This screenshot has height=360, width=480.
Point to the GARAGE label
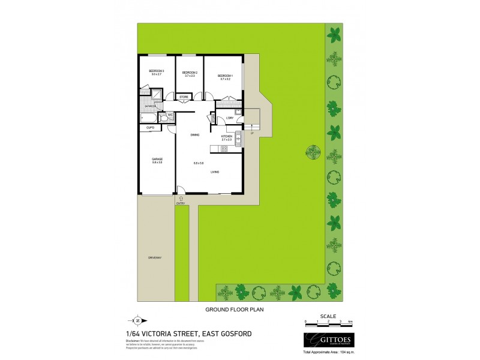coord(157,159)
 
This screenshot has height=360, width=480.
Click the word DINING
coord(195,135)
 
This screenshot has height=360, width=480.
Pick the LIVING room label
coord(214,172)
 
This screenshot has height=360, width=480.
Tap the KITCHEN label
coord(227,137)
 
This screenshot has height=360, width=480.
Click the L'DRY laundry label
coord(229,119)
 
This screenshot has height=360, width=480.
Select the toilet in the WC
coord(161,119)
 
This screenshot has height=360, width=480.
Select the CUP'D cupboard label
coord(151,128)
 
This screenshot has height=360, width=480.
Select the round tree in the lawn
coord(313,151)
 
